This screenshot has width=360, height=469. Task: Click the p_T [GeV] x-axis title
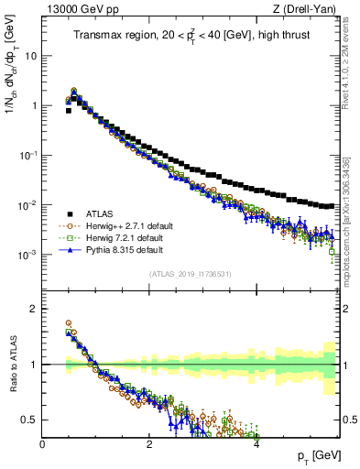[x=316, y=455]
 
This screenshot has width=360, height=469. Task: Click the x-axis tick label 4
[x=256, y=443]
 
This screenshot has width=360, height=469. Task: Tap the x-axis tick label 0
[x=43, y=443]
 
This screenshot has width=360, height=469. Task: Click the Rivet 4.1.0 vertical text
[x=352, y=73]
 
